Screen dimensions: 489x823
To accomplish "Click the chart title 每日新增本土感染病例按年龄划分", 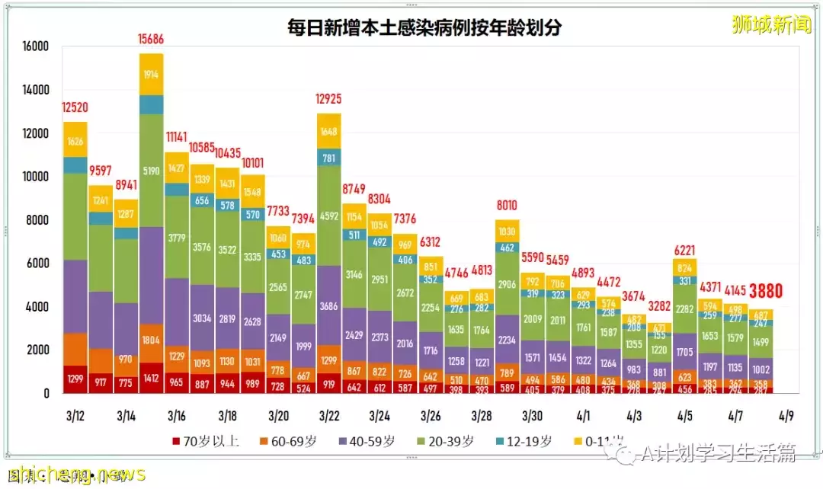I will pyautogui.click(x=423, y=28).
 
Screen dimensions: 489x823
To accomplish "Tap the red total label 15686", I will pyautogui.click(x=152, y=37).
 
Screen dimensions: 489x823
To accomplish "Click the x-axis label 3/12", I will pyautogui.click(x=75, y=416).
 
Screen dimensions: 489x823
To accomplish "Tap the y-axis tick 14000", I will pyautogui.click(x=34, y=90).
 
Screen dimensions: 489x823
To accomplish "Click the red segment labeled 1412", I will pyautogui.click(x=152, y=377).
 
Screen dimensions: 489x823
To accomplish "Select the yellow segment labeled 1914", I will pyautogui.click(x=152, y=74).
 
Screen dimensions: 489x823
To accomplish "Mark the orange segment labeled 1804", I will pyautogui.click(x=152, y=341).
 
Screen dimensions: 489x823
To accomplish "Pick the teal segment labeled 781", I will pyautogui.click(x=328, y=158).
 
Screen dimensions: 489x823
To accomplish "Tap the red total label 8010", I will pyautogui.click(x=507, y=205).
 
